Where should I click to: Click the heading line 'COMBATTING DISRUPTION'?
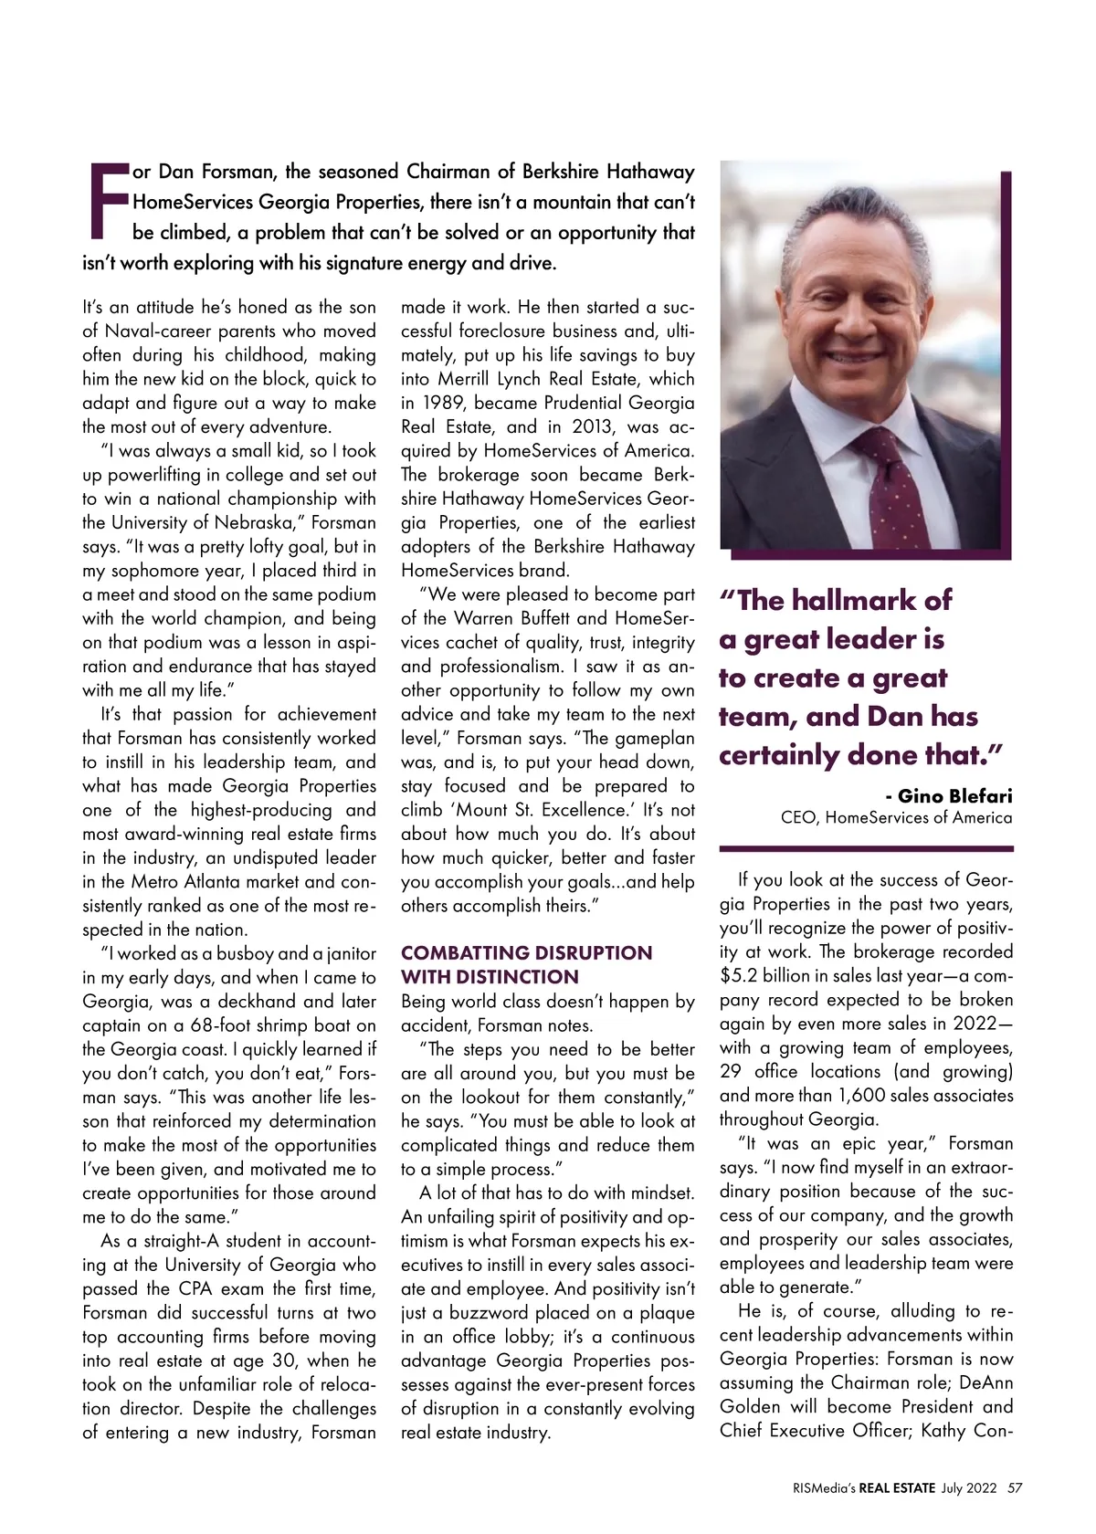pyautogui.click(x=527, y=953)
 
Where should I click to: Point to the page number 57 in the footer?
pyautogui.click(x=1014, y=1487)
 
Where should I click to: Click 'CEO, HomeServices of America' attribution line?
pyautogui.click(x=896, y=818)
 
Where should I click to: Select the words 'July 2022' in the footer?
pyautogui.click(x=969, y=1487)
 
